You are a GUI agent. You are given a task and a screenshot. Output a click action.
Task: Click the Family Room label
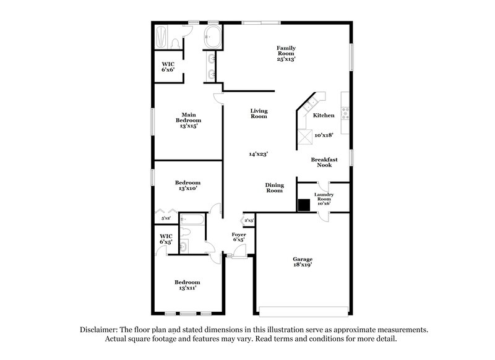(x=286, y=53)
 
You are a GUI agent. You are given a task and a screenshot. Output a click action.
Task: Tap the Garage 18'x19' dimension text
(x=303, y=264)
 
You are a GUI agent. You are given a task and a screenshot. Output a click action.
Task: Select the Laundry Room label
(x=324, y=199)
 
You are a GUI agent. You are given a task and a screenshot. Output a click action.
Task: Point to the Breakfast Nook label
(x=324, y=162)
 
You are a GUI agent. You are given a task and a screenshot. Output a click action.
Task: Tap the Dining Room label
(x=273, y=187)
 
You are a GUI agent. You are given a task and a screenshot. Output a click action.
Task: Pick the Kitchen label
(x=324, y=116)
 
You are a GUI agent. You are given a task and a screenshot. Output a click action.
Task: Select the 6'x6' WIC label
(x=168, y=67)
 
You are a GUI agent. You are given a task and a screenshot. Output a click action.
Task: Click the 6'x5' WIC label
(x=166, y=238)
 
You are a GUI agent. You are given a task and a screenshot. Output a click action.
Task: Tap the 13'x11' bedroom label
(x=187, y=285)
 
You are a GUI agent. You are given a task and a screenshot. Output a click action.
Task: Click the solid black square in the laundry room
(x=304, y=206)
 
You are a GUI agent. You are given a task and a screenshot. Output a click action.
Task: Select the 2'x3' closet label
(x=249, y=220)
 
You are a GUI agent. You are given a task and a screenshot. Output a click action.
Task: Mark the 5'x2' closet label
(x=166, y=218)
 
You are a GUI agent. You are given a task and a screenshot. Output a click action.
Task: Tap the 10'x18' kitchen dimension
(x=324, y=135)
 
